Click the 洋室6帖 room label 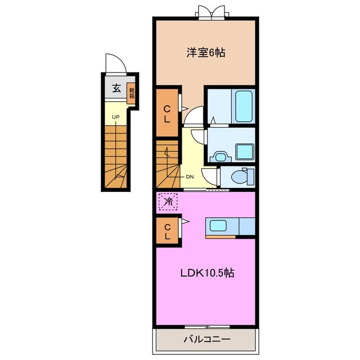[206, 52]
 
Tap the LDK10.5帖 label [208, 273]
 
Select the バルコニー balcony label [207, 339]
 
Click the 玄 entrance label [116, 88]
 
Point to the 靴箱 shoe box [132, 93]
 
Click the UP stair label [116, 117]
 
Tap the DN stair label [190, 177]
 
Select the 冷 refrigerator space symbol [168, 201]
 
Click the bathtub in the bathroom [244, 106]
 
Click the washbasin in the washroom [220, 157]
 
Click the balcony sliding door [208, 327]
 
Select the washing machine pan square [245, 151]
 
